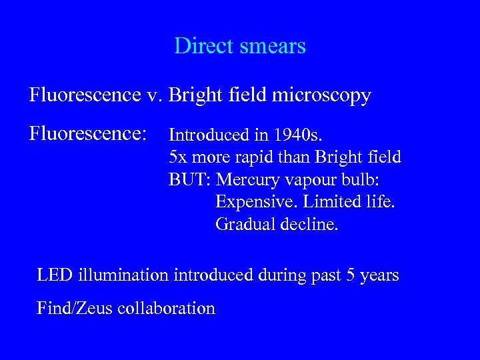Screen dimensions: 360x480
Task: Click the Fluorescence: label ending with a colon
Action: [x=88, y=133]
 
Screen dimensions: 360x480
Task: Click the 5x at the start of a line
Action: [x=177, y=157]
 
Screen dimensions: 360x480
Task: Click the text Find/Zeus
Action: [x=73, y=308]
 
